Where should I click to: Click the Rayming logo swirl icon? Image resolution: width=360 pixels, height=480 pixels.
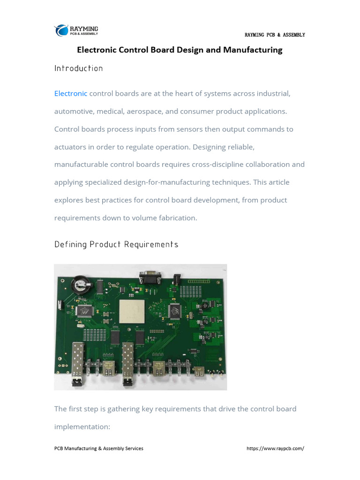coord(61,30)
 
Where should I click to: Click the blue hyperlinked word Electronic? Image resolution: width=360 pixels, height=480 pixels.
coord(70,93)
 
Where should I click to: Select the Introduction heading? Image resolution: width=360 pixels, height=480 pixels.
coord(78,68)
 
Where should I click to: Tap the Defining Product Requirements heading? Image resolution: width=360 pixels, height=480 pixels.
coord(116,244)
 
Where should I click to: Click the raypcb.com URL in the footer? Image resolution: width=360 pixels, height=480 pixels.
coord(275,448)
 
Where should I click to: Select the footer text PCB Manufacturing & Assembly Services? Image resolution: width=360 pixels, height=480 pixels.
coord(98,448)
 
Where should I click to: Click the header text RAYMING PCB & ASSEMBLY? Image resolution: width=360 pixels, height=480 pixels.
coord(275,35)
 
